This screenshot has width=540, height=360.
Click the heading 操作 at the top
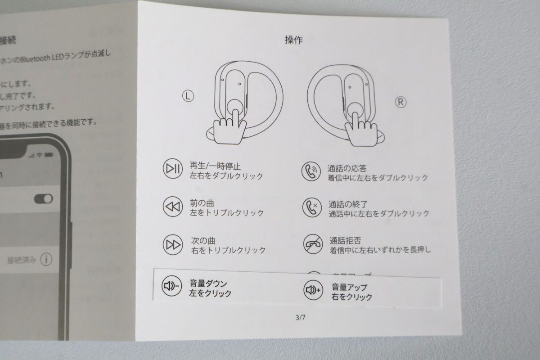[x=294, y=40]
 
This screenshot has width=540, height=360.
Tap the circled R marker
[x=401, y=102]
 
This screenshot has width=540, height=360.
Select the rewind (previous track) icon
[x=172, y=207]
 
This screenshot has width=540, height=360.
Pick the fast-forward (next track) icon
[x=172, y=245]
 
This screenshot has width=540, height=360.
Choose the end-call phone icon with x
[x=311, y=207]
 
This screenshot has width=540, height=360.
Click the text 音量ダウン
[x=208, y=283]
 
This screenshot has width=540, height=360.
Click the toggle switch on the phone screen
[x=43, y=198]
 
